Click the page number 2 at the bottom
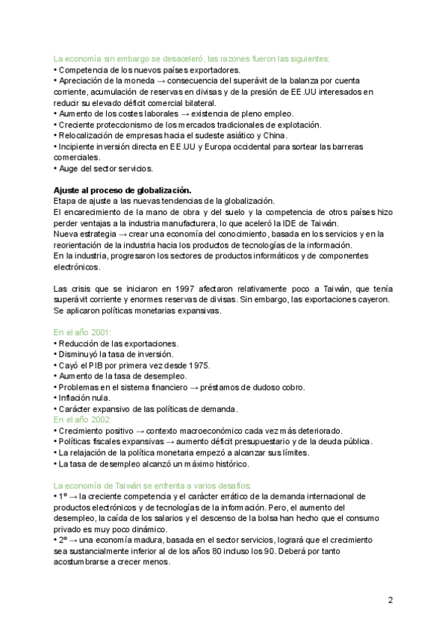[x=390, y=599]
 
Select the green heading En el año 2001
[x=82, y=332]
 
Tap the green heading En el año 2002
[x=82, y=420]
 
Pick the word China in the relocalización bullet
[x=275, y=136]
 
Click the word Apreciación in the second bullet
[x=81, y=81]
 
